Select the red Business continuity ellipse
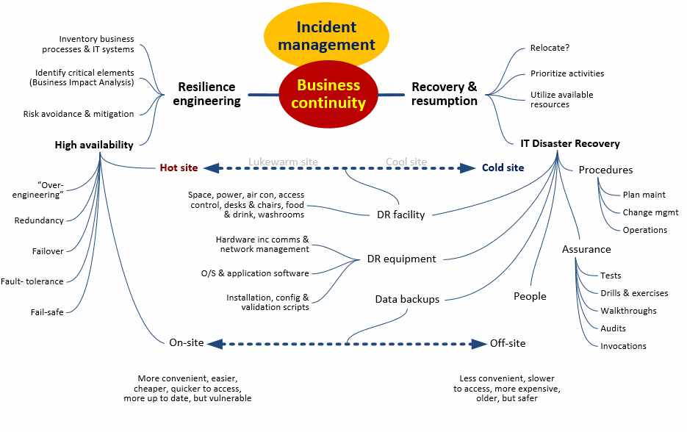(x=328, y=94)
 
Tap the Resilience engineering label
(x=206, y=94)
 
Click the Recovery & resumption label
(x=445, y=94)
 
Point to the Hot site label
(x=179, y=168)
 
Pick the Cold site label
(x=503, y=168)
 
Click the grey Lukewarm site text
(x=283, y=162)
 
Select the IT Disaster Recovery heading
(x=570, y=143)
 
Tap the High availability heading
(x=94, y=145)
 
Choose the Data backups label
(x=407, y=299)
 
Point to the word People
(x=530, y=296)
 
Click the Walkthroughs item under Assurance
(x=628, y=311)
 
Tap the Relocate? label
(x=550, y=48)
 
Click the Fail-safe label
(x=47, y=312)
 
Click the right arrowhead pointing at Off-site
(x=479, y=343)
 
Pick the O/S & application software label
(x=255, y=273)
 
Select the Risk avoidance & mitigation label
(x=79, y=114)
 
